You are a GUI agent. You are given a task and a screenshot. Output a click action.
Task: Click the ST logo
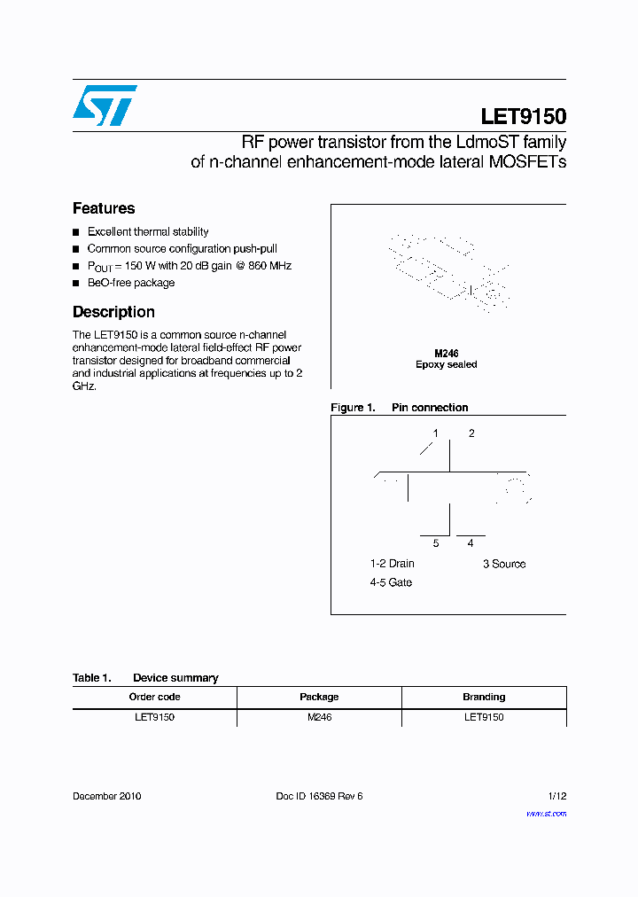(105, 105)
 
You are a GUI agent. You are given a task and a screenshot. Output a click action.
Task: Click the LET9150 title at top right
(523, 116)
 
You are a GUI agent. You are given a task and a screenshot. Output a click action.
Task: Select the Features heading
(104, 209)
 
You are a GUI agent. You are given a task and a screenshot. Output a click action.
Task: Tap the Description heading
(113, 312)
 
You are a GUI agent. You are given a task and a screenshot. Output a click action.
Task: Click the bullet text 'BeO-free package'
(130, 283)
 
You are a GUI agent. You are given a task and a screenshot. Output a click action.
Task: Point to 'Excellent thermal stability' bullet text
(147, 231)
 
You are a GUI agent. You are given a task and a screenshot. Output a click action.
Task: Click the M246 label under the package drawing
(446, 353)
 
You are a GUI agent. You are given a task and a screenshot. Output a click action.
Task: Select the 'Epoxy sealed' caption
(446, 364)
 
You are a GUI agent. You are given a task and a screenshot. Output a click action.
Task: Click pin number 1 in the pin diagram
(435, 433)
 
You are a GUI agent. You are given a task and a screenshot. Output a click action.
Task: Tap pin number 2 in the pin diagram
(471, 433)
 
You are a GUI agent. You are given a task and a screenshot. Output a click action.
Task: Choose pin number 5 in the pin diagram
(435, 543)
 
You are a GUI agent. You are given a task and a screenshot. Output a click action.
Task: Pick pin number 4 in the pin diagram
(471, 543)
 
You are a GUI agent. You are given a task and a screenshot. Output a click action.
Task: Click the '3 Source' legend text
(503, 564)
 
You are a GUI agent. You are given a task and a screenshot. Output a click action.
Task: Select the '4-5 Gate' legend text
(391, 582)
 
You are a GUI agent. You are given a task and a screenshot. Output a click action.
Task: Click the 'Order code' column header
(154, 697)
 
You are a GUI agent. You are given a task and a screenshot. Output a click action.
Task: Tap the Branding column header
(484, 697)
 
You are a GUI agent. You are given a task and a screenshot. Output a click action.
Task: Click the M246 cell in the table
(319, 717)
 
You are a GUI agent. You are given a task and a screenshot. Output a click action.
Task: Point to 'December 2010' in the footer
(106, 796)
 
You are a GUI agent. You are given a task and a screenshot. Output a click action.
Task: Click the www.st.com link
(546, 814)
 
